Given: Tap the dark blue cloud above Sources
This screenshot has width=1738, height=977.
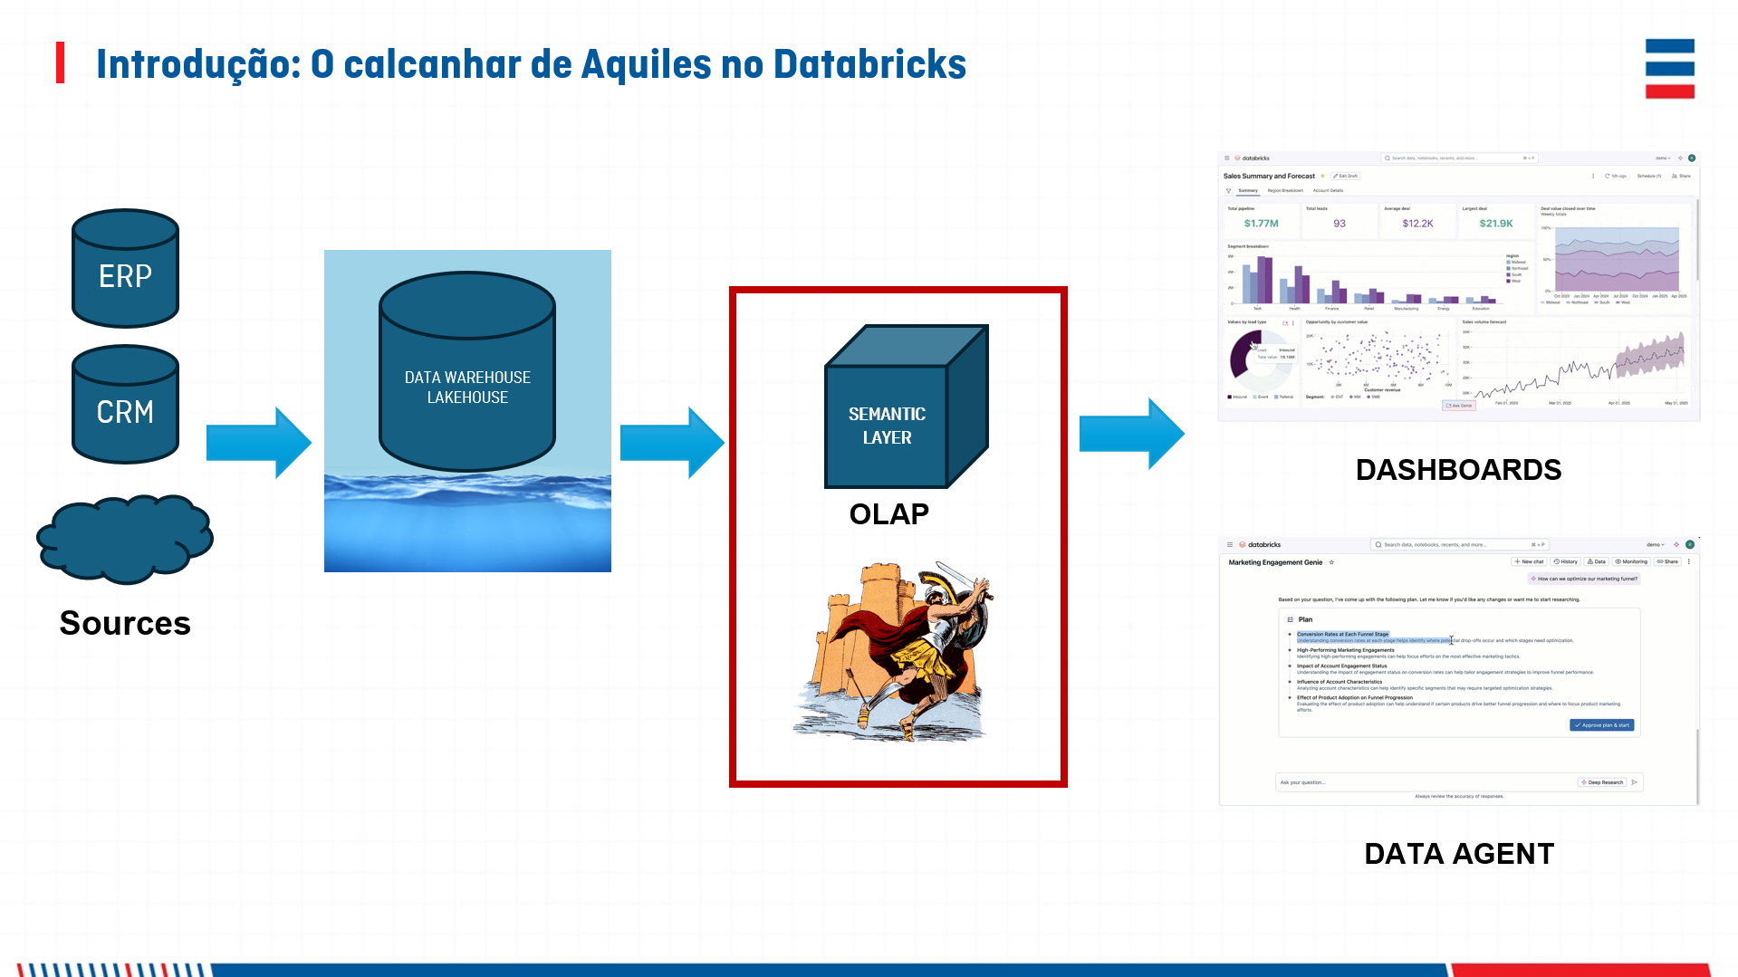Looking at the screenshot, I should [x=125, y=538].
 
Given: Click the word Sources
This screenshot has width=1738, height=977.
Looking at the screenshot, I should [x=125, y=623].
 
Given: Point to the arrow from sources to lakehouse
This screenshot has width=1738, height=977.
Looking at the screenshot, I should [x=259, y=443].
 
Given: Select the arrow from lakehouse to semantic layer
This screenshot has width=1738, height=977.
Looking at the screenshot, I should [x=672, y=443].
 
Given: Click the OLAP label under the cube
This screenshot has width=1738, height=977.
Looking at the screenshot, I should [x=888, y=514].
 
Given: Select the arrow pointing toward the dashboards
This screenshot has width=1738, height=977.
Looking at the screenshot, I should [x=1132, y=434].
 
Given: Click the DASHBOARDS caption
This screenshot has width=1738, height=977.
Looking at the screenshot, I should [x=1458, y=470].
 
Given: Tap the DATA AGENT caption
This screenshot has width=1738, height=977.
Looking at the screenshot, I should [x=1459, y=854].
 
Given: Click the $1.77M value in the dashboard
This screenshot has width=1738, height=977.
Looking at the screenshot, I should [x=1261, y=224].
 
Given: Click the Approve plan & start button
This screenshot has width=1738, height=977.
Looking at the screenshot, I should [x=1601, y=725].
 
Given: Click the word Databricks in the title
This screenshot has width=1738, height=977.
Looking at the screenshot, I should [x=869, y=64].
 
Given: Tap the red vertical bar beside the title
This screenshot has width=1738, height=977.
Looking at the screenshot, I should [x=61, y=62].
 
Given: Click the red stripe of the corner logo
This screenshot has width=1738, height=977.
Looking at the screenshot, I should [x=1669, y=91].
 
